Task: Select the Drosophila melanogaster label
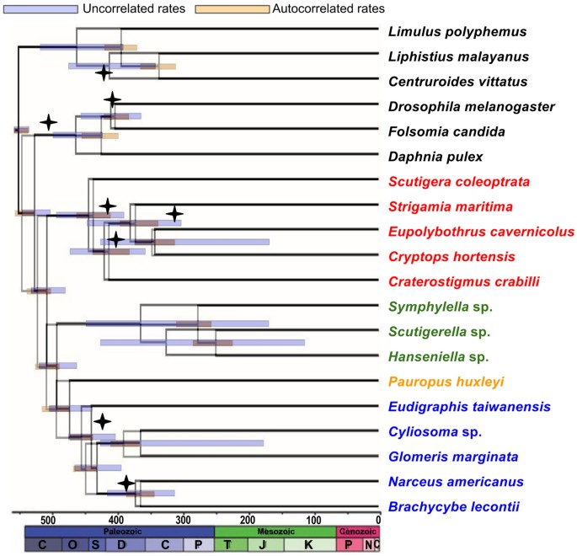point(471,106)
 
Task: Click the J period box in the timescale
point(264,546)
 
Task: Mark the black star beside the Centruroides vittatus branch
point(104,73)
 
